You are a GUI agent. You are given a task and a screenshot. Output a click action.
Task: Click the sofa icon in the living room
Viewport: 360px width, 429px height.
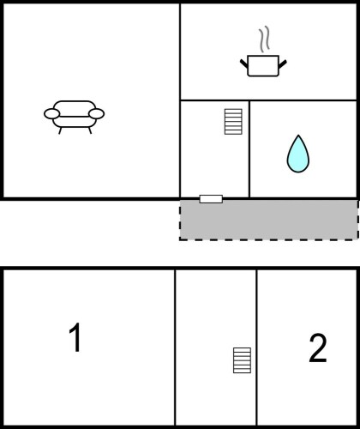tap(74, 117)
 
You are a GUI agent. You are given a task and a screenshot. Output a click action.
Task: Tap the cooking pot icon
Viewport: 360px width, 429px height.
tap(263, 66)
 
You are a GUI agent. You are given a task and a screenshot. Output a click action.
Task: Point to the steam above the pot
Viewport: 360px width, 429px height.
tap(265, 39)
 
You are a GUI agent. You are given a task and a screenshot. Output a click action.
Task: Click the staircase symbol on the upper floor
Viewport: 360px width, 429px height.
tap(233, 122)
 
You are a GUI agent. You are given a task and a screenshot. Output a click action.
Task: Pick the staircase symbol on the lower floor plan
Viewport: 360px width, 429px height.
tap(242, 360)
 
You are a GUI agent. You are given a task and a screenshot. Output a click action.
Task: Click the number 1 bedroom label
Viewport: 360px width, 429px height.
tap(75, 337)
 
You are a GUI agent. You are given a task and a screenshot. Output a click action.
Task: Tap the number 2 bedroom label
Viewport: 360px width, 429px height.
tap(318, 348)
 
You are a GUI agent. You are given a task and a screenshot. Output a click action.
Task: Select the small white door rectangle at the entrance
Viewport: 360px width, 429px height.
tap(211, 199)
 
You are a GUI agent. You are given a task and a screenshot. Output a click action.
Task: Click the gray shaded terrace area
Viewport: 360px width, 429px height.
tap(268, 221)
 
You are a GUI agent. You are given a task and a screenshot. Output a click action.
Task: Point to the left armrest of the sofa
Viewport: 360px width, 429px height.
tap(51, 113)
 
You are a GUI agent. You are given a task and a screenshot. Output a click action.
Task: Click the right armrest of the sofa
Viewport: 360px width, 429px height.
tap(97, 113)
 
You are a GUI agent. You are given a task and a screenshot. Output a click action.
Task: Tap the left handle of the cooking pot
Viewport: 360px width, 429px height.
tap(244, 63)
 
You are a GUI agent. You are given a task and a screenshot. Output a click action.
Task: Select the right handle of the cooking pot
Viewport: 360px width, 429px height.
tap(282, 64)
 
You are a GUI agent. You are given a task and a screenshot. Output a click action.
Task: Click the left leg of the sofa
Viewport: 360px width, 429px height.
tap(60, 130)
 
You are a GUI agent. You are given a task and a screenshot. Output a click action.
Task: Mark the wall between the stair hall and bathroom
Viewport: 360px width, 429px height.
tap(249, 149)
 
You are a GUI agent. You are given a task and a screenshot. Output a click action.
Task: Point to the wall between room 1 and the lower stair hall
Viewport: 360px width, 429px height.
tap(175, 347)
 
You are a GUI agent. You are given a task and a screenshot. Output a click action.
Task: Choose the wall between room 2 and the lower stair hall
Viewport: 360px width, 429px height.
tap(256, 347)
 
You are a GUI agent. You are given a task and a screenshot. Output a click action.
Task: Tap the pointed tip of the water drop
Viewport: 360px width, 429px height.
tap(298, 135)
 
